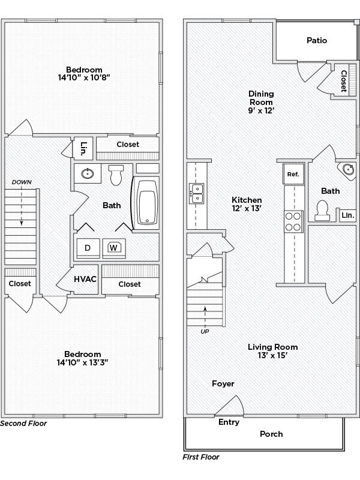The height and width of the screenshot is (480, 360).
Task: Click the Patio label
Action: click(x=316, y=41)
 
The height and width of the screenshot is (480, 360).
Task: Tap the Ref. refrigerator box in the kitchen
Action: click(x=293, y=174)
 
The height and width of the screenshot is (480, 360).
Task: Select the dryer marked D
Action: click(x=87, y=247)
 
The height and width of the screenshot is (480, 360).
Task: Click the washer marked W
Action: click(x=113, y=247)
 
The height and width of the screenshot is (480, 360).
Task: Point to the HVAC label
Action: click(x=86, y=280)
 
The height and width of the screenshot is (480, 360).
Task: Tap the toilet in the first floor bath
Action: click(x=322, y=209)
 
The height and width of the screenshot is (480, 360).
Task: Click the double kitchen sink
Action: click(x=196, y=193)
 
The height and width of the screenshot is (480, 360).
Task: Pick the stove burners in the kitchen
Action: click(x=293, y=221)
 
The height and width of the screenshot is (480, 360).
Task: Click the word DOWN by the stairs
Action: click(x=21, y=182)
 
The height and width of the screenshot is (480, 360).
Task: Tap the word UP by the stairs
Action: click(x=205, y=331)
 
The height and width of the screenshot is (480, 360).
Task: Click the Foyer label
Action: click(x=223, y=384)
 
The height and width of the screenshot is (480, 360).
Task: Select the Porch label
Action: click(x=271, y=434)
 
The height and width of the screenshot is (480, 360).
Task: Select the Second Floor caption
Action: click(x=23, y=423)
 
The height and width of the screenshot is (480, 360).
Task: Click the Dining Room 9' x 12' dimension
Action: click(x=261, y=111)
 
